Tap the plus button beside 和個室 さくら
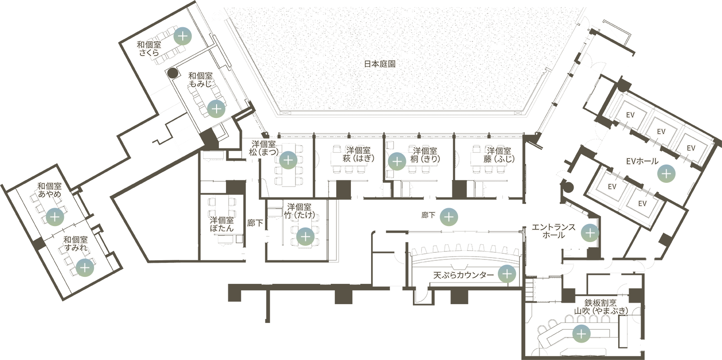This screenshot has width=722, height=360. [x=182, y=36]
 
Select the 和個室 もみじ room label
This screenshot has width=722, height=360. [x=201, y=80]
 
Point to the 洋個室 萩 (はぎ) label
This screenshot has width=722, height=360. [x=358, y=155]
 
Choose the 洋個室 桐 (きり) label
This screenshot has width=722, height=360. [x=426, y=155]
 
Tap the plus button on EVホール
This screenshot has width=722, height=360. [x=666, y=173]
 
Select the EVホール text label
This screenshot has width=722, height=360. [x=642, y=161]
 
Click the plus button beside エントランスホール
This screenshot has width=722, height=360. [x=590, y=232]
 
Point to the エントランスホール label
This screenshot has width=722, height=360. [x=553, y=231]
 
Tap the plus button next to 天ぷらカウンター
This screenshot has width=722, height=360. [x=507, y=274]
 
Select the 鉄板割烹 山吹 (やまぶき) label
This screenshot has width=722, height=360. [x=600, y=306]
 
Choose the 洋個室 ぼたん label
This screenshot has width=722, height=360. [x=221, y=224]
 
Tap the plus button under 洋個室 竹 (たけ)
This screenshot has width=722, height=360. [x=305, y=236]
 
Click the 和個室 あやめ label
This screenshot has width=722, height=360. [x=49, y=190]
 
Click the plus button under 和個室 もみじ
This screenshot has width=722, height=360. [x=216, y=109]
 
